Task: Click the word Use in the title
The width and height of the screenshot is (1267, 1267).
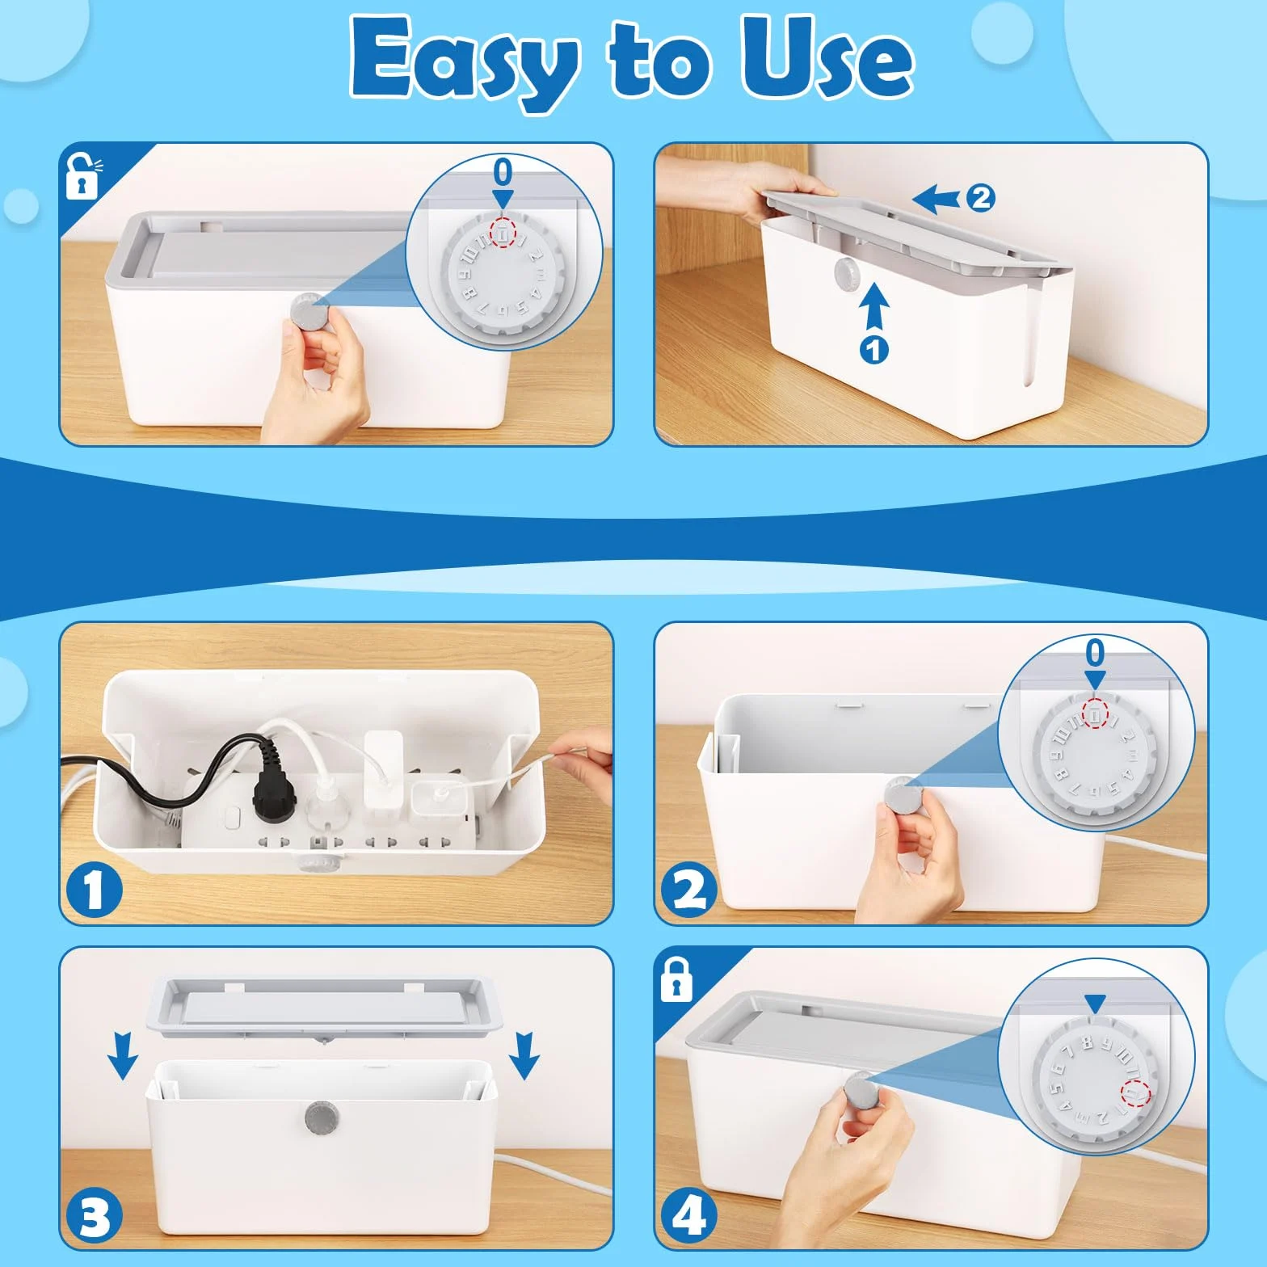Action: pyautogui.click(x=827, y=58)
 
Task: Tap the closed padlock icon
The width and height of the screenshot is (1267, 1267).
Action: pyautogui.click(x=676, y=979)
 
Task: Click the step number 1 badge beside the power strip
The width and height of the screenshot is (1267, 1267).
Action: pyautogui.click(x=94, y=890)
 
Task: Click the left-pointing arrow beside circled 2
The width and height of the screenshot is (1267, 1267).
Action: pyautogui.click(x=937, y=198)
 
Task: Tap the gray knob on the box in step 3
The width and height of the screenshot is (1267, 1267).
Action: pyautogui.click(x=322, y=1118)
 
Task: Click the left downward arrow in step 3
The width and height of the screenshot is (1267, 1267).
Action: pyautogui.click(x=122, y=1056)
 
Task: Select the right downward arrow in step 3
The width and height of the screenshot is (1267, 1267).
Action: pyautogui.click(x=524, y=1056)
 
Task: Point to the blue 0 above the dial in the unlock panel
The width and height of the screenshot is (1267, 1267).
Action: pyautogui.click(x=503, y=172)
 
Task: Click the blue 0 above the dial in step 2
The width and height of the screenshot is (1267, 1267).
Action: pyautogui.click(x=1095, y=653)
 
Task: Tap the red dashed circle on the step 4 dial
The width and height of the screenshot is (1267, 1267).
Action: pyautogui.click(x=1135, y=1094)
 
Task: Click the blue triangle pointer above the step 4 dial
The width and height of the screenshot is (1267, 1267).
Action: pyautogui.click(x=1095, y=1005)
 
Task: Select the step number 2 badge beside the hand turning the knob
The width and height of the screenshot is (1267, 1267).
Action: pyautogui.click(x=689, y=890)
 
